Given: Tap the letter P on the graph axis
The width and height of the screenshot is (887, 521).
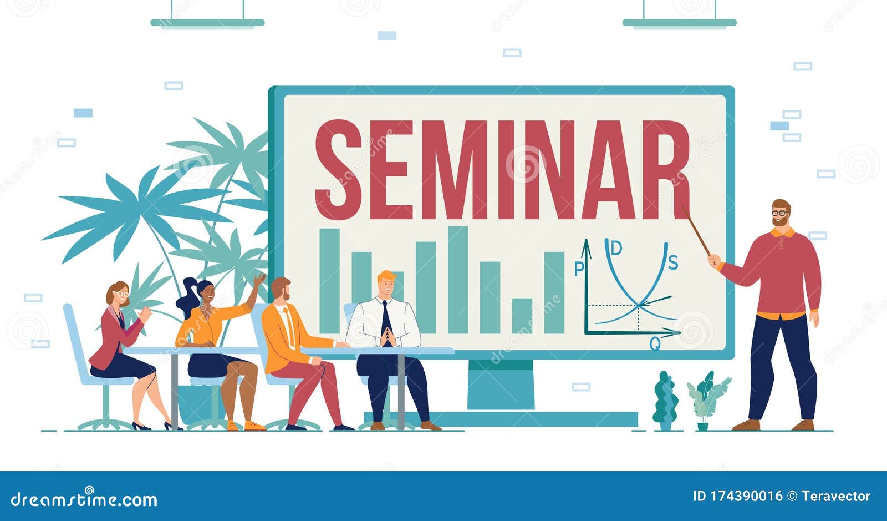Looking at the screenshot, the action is tap(579, 269).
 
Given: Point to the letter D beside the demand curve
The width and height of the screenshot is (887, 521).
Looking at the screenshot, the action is tap(616, 248).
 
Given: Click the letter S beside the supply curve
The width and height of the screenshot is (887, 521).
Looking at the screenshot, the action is tap(673, 262).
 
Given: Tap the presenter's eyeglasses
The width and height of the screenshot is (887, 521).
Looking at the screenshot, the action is tap(779, 213).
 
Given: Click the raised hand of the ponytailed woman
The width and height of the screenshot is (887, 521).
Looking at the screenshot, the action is tap(259, 280).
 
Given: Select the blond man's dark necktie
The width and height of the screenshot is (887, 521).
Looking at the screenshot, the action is tap(386, 323).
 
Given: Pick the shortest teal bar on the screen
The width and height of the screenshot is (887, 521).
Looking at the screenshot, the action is tap(522, 316).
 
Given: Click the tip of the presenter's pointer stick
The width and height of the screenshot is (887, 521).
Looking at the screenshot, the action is tap(682, 206).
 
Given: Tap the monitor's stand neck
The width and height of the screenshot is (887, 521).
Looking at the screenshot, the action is tap(501, 385).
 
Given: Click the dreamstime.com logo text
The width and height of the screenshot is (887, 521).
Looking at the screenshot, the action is tap(84, 499).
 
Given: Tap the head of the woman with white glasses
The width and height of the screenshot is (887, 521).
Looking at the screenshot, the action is tap(118, 294).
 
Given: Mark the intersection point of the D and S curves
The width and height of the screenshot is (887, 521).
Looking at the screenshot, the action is tap(639, 305).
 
